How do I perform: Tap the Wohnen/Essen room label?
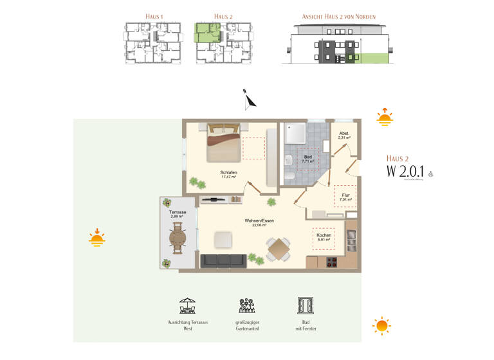click(259, 223)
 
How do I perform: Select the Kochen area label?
click(324, 237)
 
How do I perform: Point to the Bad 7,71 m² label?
click(308, 159)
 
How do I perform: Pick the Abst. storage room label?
click(344, 136)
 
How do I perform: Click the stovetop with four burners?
click(333, 262)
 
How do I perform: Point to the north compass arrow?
click(249, 100)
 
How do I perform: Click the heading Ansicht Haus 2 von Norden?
click(340, 16)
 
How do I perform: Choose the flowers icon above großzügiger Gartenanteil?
click(246, 305)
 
